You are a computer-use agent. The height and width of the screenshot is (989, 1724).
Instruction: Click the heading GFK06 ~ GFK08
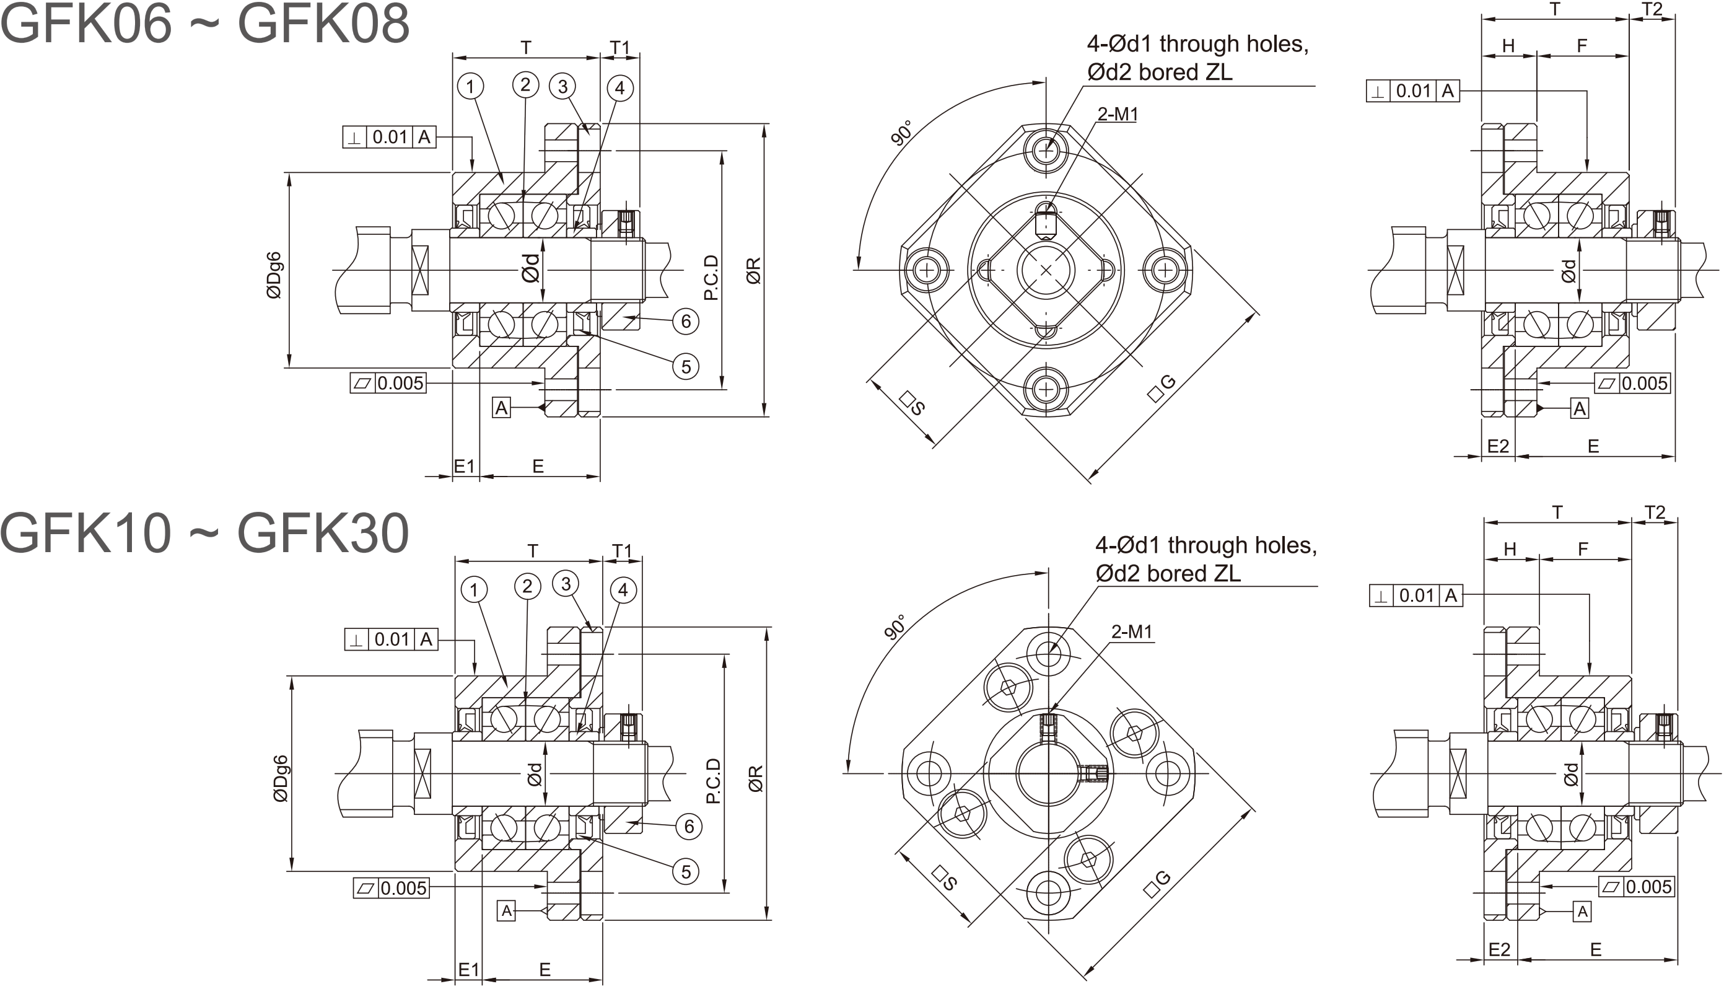205,23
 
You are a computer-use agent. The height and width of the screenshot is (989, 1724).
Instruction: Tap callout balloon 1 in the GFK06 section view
470,86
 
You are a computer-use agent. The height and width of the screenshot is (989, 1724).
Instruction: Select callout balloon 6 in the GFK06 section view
686,320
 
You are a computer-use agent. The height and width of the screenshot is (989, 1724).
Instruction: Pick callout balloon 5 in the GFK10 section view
686,871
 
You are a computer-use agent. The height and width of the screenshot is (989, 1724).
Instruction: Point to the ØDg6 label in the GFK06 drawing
274,275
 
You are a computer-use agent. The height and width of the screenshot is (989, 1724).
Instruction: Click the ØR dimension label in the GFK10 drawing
756,778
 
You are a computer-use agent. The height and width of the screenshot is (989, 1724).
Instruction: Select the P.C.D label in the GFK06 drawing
711,277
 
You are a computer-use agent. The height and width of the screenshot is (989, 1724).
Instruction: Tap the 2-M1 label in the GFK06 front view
1118,114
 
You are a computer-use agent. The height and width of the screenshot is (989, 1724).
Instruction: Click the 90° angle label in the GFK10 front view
896,628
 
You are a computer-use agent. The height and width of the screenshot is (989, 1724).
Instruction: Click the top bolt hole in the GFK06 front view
1046,151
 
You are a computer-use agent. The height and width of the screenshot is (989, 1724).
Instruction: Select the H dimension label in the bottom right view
1510,549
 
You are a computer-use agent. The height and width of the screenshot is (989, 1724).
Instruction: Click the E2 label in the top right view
1498,446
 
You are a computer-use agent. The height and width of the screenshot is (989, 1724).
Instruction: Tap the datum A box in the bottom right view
1582,912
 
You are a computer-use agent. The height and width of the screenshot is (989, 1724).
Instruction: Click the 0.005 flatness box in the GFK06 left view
388,383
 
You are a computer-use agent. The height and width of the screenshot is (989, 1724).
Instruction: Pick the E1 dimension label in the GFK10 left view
468,969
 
